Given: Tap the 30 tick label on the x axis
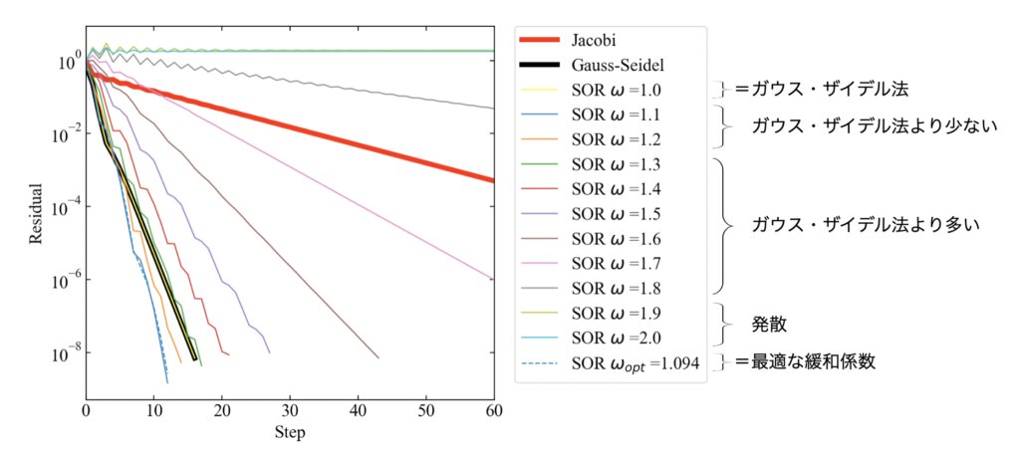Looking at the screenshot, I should tap(290, 410).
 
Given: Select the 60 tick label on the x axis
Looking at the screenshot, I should tap(493, 410).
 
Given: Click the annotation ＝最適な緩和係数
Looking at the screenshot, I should tap(805, 361).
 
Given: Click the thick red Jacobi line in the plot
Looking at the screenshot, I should tap(299, 124).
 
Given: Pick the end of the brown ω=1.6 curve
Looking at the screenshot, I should tap(378, 356).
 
